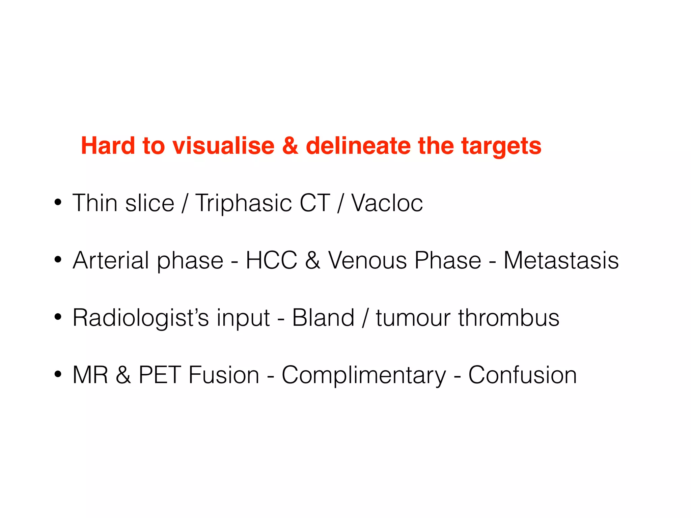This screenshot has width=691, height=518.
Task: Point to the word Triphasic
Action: coord(244,204)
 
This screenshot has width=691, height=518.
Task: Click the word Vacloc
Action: coord(387,203)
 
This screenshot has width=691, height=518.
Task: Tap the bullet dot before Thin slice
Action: coord(58,202)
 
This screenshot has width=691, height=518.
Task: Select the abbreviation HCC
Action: coord(271,260)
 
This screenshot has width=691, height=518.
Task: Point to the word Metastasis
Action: coord(561,260)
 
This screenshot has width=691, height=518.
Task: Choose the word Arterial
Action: coord(111,260)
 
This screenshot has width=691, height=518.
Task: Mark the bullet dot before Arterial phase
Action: coord(58,260)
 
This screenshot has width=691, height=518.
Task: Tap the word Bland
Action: coord(323,318)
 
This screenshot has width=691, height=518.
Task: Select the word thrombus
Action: coord(508,318)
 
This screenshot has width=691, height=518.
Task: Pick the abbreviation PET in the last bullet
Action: coord(160,375)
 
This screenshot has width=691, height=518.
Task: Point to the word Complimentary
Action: coord(364,376)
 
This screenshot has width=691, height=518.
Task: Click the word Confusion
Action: coord(522,375)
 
